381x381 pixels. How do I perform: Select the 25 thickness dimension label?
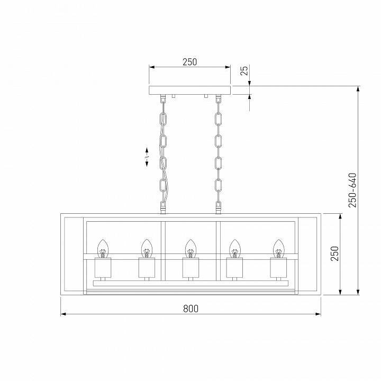pos(244,71)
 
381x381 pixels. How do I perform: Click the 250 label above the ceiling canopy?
pos(189,62)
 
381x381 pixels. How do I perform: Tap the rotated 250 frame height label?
pos(333,255)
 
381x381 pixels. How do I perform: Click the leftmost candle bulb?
pos(103,248)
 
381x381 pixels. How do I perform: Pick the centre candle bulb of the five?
pos(190,248)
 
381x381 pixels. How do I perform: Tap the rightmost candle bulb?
pos(278,248)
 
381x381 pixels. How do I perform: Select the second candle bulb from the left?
pos(147,248)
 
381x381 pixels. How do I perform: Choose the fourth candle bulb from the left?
pos(234,248)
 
